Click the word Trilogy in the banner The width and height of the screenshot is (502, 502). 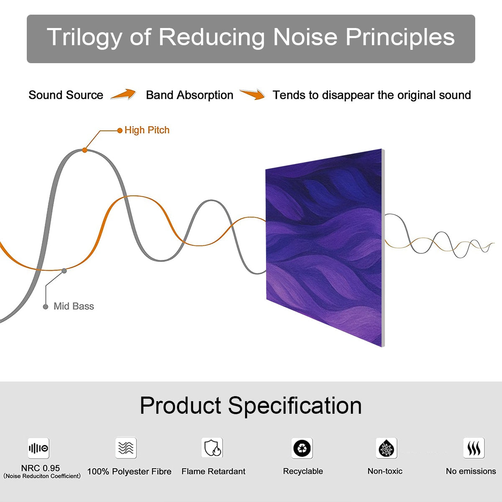(x=85, y=38)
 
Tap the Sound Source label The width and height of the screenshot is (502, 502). (x=66, y=95)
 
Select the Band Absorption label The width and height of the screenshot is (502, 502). (x=190, y=95)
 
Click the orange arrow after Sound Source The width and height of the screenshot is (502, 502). (x=123, y=94)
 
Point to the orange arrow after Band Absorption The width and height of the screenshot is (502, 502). (x=252, y=94)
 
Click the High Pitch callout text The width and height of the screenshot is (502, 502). (x=147, y=130)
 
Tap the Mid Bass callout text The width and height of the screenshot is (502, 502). (x=74, y=306)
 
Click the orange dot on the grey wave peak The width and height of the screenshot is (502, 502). (x=85, y=150)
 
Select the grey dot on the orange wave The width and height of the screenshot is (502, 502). (x=64, y=271)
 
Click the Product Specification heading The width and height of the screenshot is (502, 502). (x=251, y=406)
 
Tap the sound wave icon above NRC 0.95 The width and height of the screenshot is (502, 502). (x=38, y=448)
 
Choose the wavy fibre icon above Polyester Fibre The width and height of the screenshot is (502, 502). (x=126, y=448)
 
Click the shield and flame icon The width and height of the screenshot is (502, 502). (x=213, y=448)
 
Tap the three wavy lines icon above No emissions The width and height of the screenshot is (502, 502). (x=474, y=448)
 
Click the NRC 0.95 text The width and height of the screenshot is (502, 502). (x=41, y=468)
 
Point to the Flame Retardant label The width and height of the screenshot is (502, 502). (x=213, y=471)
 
